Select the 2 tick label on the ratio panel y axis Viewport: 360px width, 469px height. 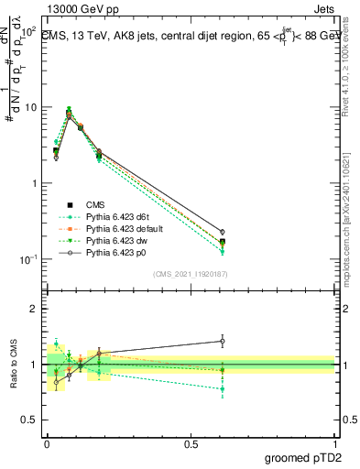click(x=33, y=310)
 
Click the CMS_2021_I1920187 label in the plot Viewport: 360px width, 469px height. click(x=190, y=274)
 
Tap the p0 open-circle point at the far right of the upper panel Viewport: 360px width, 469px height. click(x=223, y=232)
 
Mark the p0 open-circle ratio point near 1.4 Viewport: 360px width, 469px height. click(x=223, y=341)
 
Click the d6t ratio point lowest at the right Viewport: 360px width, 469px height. click(x=223, y=389)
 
